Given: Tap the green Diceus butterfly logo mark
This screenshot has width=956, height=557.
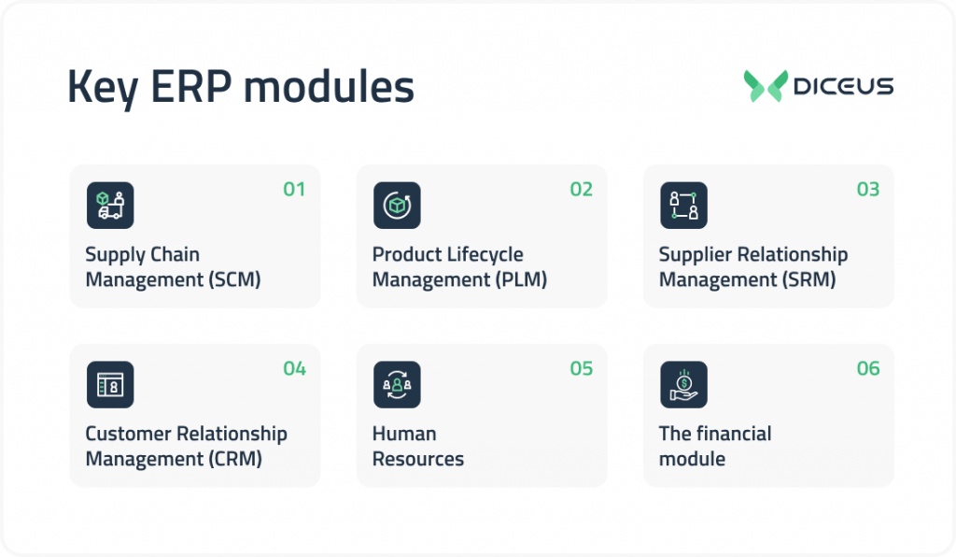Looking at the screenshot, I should [x=766, y=86].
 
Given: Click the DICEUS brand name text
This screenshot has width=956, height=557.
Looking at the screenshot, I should [x=843, y=87].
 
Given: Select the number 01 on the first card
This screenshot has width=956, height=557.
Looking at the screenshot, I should [x=294, y=190].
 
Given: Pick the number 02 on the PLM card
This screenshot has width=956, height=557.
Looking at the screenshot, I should [x=582, y=190].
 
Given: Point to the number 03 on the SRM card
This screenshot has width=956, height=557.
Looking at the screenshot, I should [x=868, y=190].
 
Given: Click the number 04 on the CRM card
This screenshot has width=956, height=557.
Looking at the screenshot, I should [x=294, y=369].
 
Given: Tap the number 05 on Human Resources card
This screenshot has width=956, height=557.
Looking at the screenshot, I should [x=582, y=369].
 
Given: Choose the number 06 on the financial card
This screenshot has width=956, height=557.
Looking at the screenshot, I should [x=868, y=369].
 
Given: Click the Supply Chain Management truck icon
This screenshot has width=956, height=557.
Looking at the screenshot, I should [x=110, y=206].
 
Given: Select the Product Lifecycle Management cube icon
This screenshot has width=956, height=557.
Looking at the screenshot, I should [x=397, y=206].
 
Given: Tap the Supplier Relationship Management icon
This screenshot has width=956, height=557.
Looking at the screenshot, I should [x=683, y=206].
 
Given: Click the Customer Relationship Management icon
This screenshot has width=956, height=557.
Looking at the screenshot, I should [x=110, y=384].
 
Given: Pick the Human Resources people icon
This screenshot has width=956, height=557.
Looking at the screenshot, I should [x=397, y=384].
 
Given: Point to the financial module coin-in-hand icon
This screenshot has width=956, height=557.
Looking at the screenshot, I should [x=683, y=384].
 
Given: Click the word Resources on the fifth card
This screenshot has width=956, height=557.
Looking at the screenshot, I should [x=417, y=459].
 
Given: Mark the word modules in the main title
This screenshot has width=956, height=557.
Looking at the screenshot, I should [x=335, y=88].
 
